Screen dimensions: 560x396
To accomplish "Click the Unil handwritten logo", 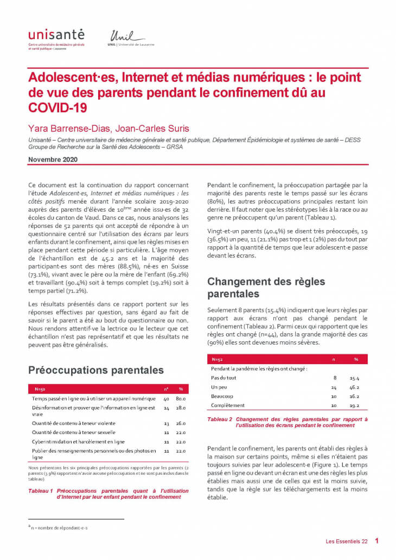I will pyautogui.click(x=126, y=36).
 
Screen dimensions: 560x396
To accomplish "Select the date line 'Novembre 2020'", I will pyautogui.click(x=53, y=160).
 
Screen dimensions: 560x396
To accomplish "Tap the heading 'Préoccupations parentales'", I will pyautogui.click(x=95, y=371).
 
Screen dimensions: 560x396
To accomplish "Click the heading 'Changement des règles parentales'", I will pyautogui.click(x=266, y=288).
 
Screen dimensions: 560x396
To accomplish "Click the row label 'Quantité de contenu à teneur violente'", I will pyautogui.click(x=73, y=423).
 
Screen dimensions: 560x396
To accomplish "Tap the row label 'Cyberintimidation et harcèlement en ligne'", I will pyautogui.click(x=78, y=442).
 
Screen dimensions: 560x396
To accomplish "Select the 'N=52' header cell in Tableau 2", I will pyautogui.click(x=217, y=359).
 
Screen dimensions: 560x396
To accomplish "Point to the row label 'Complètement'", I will pyautogui.click(x=227, y=405).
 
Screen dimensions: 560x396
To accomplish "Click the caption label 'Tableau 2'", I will pyautogui.click(x=220, y=419).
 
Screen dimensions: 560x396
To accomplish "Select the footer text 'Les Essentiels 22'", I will pyautogui.click(x=347, y=542).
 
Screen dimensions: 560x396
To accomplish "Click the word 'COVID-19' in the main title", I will pyautogui.click(x=58, y=107).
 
